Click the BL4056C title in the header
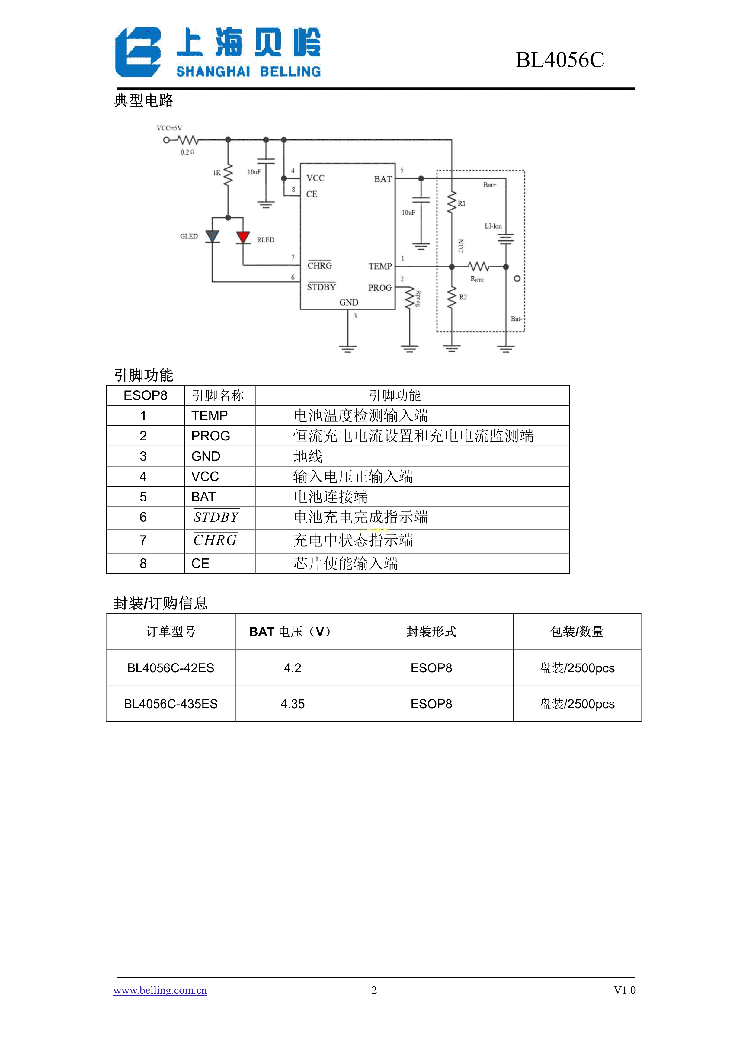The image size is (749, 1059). pos(559,60)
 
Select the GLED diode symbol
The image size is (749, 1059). pos(212,236)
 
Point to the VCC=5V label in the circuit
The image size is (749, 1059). pos(169,128)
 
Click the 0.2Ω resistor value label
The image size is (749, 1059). pos(187,152)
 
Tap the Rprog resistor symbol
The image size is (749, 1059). pos(409,299)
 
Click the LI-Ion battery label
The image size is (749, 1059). pos(493,226)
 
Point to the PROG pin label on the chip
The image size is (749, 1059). pos(379,288)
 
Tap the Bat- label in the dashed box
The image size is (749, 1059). pos(516,319)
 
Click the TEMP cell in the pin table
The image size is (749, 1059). pos(210,416)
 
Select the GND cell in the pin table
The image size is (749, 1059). pos(206,456)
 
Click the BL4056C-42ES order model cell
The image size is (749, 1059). pos(171,668)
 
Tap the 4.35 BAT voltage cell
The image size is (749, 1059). pos(293,704)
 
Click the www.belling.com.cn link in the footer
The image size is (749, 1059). pos(160,990)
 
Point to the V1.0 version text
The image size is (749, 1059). pos(624,990)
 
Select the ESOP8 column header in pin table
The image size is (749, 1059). pos(145,395)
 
